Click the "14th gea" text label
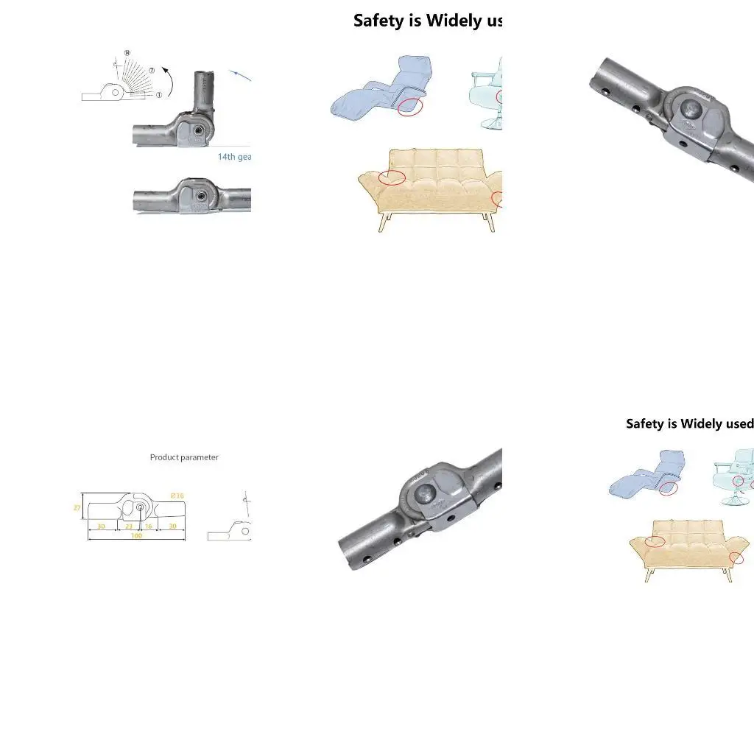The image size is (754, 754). [234, 157]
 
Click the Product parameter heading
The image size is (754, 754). [184, 457]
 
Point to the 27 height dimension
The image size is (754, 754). [77, 507]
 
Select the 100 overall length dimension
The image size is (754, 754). [136, 536]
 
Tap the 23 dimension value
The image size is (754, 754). [129, 526]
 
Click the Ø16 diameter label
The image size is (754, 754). [177, 496]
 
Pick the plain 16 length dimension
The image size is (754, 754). [148, 526]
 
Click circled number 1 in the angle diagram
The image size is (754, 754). [159, 95]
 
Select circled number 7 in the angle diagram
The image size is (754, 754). [152, 71]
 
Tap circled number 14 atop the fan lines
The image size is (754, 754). [127, 53]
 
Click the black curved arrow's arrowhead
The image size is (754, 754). [165, 70]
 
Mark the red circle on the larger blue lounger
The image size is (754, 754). [410, 106]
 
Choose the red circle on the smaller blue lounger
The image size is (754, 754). [668, 488]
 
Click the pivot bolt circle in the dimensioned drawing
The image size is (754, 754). [141, 507]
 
